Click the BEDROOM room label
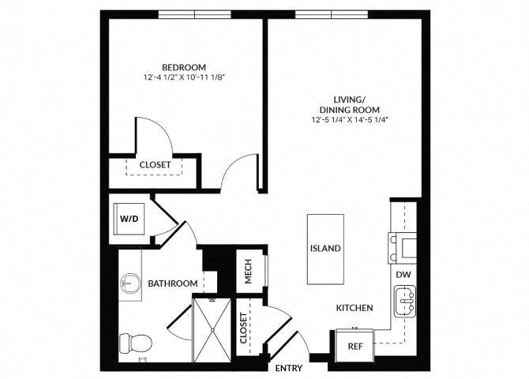tap(184, 66)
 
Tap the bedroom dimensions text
tap(184, 78)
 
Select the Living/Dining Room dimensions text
tap(350, 119)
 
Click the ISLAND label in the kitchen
tap(325, 248)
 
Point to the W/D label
tap(129, 217)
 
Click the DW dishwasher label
tap(403, 273)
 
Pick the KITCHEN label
tap(355, 308)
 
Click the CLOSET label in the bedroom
tap(156, 165)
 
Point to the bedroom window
tap(195, 13)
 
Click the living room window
tap(332, 13)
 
